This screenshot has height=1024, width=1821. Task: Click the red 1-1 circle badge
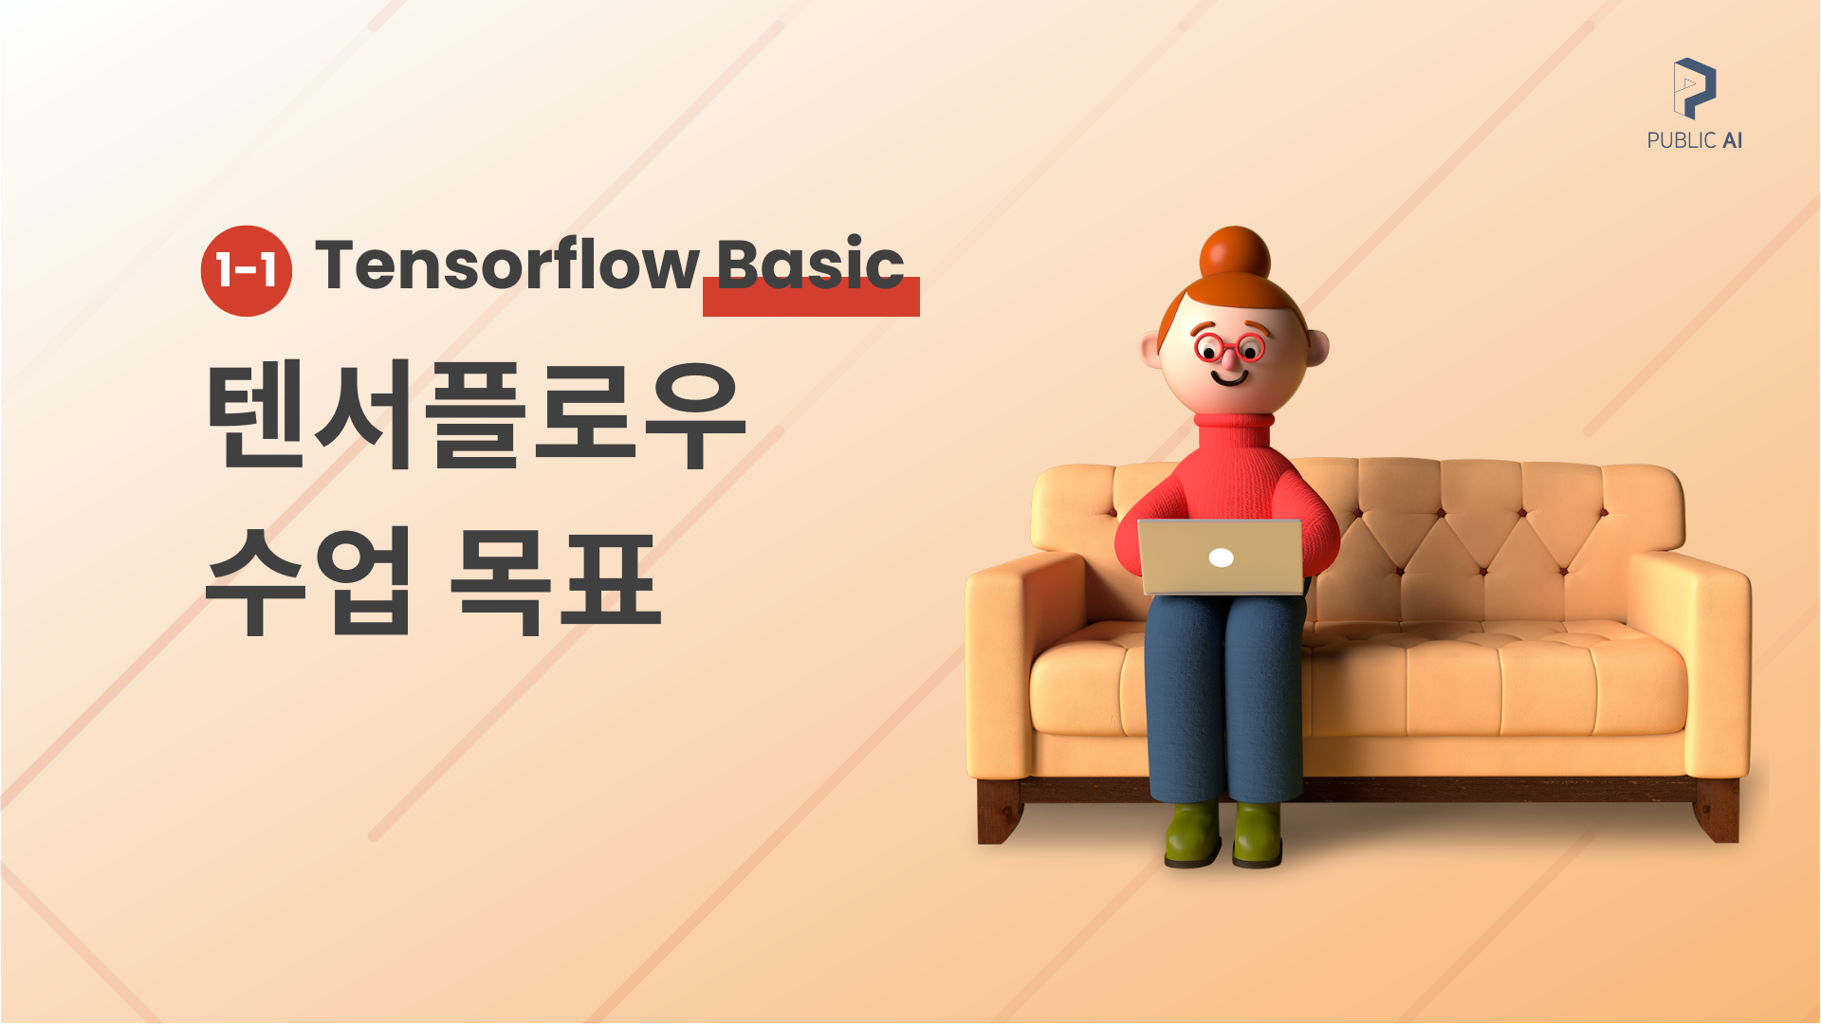[x=247, y=271]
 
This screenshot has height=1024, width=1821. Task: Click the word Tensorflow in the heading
[x=507, y=265]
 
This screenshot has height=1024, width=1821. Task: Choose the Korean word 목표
[x=555, y=579]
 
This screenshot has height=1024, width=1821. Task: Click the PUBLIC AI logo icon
[x=1695, y=88]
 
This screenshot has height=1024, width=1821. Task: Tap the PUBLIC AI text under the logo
[x=1695, y=140]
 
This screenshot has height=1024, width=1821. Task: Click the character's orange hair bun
[x=1235, y=255]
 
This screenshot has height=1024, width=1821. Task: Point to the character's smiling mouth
[x=1230, y=376]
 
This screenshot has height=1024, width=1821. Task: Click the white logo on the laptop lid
[x=1222, y=558]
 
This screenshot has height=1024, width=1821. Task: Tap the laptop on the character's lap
[x=1221, y=557]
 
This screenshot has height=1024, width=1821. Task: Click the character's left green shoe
[x=1193, y=833]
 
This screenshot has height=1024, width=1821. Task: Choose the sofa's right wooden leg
[x=1717, y=812]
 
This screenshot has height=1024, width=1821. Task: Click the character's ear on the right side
[x=1317, y=347]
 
